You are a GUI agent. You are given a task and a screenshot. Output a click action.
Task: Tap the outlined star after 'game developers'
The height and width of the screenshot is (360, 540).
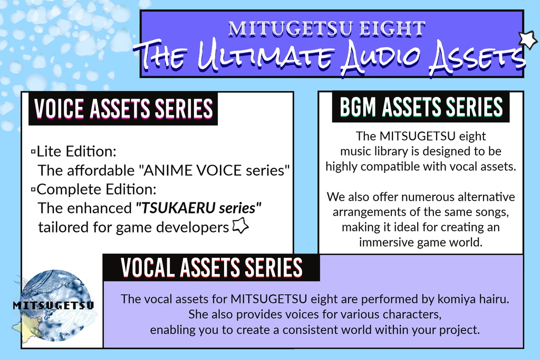coord(240,227)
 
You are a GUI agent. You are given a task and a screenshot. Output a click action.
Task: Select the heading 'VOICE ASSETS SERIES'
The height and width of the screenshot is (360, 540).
coord(123,109)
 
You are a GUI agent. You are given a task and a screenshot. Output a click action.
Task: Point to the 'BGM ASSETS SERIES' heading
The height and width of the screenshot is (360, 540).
coord(421,108)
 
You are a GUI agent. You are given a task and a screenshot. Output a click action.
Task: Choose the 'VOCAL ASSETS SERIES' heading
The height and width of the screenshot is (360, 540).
coord(211,268)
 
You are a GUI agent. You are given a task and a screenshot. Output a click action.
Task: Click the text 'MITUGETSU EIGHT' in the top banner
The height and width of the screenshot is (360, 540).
coord(326,28)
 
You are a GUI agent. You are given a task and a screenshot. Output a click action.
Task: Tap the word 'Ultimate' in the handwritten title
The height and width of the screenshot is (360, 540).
coord(257,57)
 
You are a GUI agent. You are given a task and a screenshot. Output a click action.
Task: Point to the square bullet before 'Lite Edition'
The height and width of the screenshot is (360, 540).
coord(33,152)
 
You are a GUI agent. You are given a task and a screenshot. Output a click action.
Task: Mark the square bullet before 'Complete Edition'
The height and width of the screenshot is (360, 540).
coord(33,189)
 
